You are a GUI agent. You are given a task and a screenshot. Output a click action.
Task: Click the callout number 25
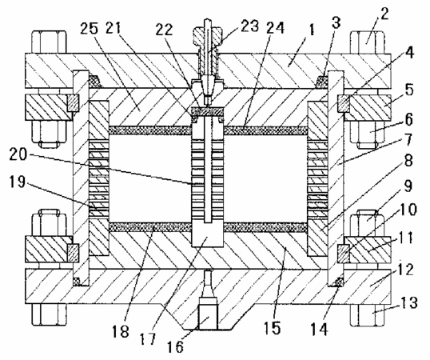point(90,29)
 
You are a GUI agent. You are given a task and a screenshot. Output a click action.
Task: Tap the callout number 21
point(114,28)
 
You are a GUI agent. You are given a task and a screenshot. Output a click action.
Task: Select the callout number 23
point(250,26)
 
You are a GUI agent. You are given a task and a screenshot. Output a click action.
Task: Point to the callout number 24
point(275,27)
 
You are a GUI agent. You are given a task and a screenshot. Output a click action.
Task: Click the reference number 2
point(384,14)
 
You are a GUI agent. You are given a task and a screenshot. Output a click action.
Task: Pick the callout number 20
point(18,154)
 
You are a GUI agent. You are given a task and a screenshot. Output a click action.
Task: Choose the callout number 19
point(18,182)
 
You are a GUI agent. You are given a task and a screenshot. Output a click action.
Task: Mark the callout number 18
point(121,331)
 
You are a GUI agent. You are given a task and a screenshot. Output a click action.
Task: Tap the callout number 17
point(148,339)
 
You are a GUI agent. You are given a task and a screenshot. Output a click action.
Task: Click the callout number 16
point(176,346)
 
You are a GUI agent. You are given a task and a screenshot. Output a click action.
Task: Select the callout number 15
point(273,328)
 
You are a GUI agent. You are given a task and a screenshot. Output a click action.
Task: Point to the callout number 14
point(320,330)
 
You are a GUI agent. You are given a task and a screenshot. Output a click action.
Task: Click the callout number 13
point(409,302)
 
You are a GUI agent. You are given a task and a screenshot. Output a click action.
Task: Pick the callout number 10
point(408,210)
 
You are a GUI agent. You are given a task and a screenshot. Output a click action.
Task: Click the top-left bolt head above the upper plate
point(49,42)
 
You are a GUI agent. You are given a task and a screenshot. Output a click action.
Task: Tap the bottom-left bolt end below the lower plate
point(49,314)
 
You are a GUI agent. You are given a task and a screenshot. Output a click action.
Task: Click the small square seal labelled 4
point(344,103)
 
